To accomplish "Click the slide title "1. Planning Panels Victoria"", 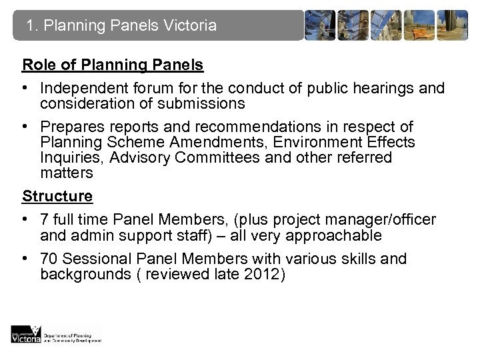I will click(122, 26).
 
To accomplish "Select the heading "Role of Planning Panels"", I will click(113, 65).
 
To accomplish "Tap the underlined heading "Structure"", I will click(57, 196).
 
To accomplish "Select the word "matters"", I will click(65, 173).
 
